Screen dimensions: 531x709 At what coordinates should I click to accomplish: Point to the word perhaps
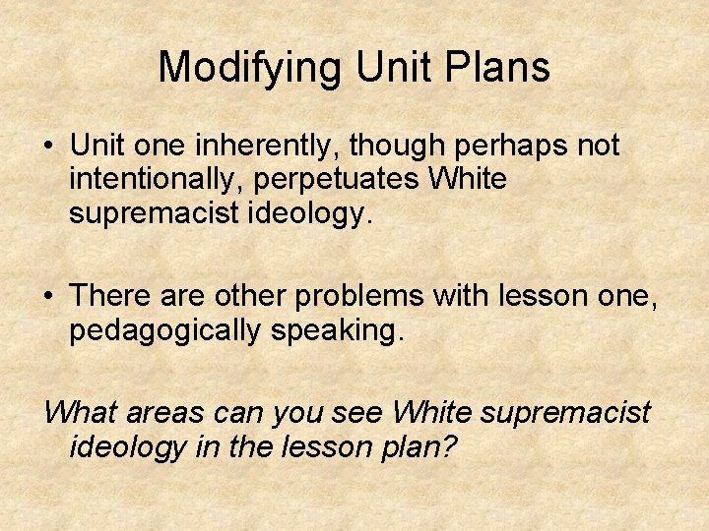512,147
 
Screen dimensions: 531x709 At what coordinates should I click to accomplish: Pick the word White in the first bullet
470,180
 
